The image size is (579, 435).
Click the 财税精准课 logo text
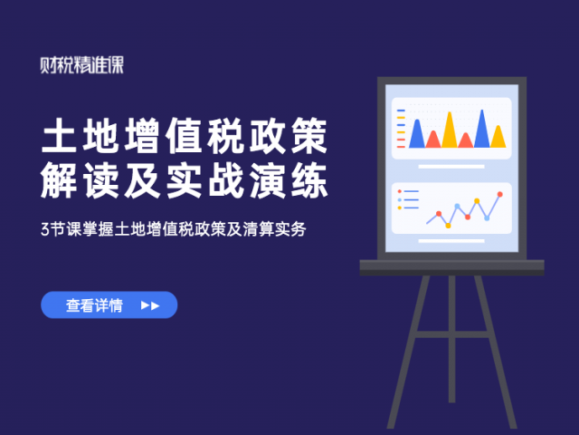tap(82, 65)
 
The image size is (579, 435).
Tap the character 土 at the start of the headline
tap(59, 135)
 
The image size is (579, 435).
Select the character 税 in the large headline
tap(225, 135)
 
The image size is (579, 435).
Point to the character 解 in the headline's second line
tap(59, 181)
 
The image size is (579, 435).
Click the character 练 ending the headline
tap(309, 181)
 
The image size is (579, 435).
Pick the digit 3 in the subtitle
tap(44, 229)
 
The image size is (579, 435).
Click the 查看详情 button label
tap(94, 305)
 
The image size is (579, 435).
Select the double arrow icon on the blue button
tap(150, 305)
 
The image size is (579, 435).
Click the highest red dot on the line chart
tap(500, 194)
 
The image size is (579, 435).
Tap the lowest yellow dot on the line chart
tap(448, 226)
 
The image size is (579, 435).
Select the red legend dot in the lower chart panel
tap(400, 191)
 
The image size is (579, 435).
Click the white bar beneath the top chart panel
tap(451, 167)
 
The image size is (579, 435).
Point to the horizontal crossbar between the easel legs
tap(452, 334)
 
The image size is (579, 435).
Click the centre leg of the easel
tap(452, 339)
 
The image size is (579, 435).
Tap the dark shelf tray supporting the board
tap(452, 267)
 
